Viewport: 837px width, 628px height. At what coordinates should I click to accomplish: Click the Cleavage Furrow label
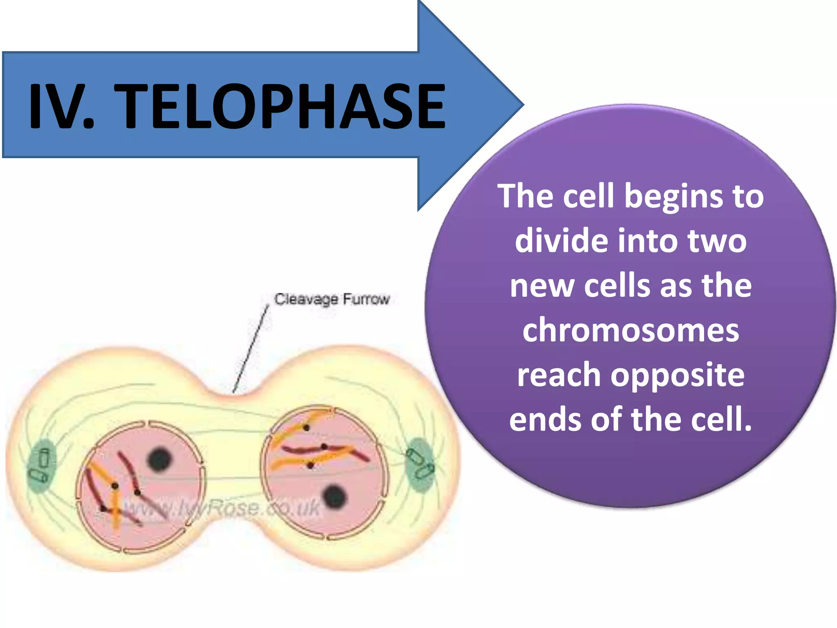coord(332,299)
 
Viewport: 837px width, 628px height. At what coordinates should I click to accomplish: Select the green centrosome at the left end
coord(41,466)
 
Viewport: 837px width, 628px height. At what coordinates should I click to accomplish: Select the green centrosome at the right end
coord(420,464)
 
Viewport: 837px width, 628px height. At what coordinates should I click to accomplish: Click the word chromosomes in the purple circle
coord(631,330)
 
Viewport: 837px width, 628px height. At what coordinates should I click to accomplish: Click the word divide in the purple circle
coord(562,241)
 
